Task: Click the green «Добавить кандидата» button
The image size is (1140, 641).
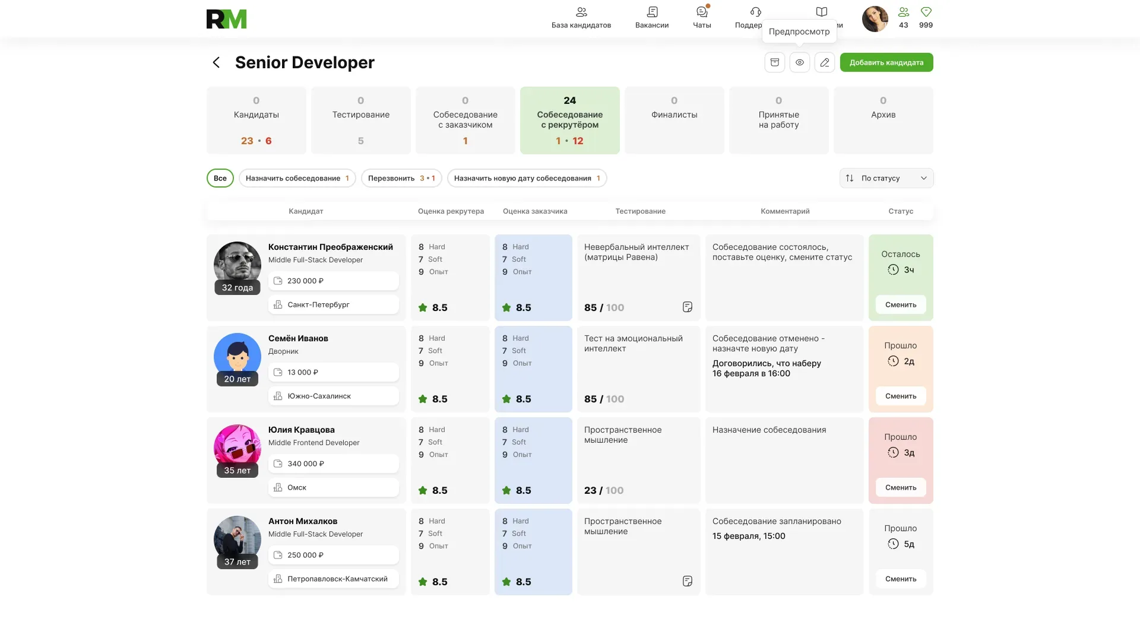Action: click(x=886, y=62)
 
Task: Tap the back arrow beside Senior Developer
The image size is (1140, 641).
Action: click(x=216, y=62)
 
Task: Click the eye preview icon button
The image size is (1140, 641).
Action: click(x=800, y=62)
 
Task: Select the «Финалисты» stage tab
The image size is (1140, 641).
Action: click(x=674, y=120)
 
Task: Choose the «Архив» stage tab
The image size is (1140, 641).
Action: click(x=883, y=120)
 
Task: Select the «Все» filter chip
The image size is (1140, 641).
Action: click(x=220, y=178)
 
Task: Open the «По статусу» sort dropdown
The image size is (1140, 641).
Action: click(x=886, y=178)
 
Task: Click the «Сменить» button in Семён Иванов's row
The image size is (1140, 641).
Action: click(x=901, y=396)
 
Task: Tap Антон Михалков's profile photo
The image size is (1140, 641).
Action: click(x=237, y=540)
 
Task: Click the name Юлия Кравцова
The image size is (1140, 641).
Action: click(x=302, y=430)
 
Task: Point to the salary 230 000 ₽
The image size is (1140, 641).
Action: click(x=305, y=281)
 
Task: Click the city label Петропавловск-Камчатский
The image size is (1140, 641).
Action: click(x=337, y=579)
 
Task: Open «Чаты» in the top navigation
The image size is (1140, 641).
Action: click(x=702, y=17)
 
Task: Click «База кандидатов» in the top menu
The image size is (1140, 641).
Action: click(x=581, y=17)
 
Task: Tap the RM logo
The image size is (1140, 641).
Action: click(x=226, y=19)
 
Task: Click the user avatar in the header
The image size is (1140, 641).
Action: click(x=875, y=19)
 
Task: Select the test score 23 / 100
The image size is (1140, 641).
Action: click(x=604, y=490)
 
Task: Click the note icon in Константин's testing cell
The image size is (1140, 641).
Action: click(x=688, y=307)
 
